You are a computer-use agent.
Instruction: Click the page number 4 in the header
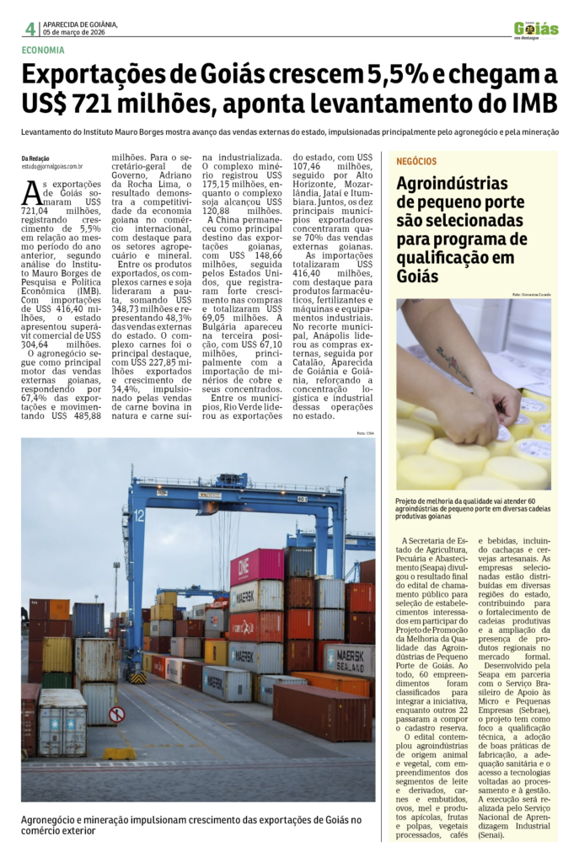[29, 29]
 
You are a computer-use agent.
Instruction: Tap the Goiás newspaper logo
[536, 29]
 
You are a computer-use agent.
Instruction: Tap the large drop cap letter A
[31, 193]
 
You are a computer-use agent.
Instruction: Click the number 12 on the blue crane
[139, 514]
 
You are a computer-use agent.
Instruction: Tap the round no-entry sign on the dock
[116, 715]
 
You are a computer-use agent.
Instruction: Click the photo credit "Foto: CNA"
[365, 433]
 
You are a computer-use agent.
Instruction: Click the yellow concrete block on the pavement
[119, 753]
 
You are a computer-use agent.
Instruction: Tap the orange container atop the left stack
[49, 608]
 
